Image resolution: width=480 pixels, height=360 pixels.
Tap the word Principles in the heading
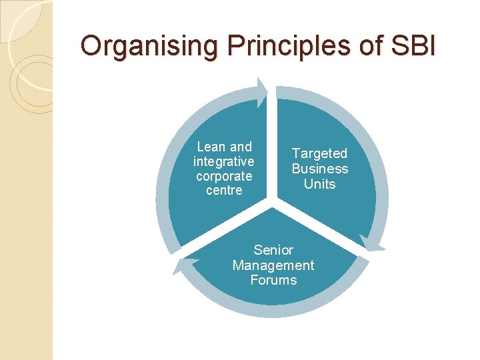click(x=259, y=46)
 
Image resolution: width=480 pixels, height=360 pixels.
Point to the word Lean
click(x=211, y=147)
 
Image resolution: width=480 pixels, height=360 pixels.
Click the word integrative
click(x=224, y=161)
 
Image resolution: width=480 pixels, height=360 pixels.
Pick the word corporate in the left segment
click(x=224, y=176)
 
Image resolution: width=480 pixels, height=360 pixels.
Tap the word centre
click(x=224, y=191)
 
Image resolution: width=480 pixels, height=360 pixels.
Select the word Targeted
click(x=320, y=153)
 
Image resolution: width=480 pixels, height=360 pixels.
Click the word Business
click(x=320, y=169)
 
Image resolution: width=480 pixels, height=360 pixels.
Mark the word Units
click(x=320, y=183)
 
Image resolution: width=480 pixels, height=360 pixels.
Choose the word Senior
click(x=273, y=250)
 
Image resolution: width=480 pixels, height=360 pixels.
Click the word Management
click(x=273, y=265)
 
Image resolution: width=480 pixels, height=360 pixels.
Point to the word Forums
click(x=273, y=280)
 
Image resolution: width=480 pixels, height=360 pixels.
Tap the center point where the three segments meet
click(x=273, y=199)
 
